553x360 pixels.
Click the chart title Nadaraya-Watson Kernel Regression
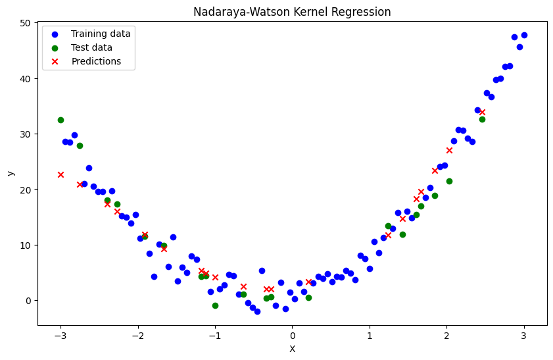click(x=292, y=12)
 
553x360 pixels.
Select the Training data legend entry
click(x=101, y=34)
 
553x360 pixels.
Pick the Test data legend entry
click(x=91, y=47)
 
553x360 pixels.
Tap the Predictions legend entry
click(x=96, y=61)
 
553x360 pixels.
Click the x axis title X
click(x=292, y=349)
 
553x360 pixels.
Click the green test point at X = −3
click(x=60, y=120)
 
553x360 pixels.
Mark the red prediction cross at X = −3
click(x=60, y=174)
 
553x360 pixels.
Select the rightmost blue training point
click(x=524, y=35)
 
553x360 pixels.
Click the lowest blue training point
click(x=257, y=311)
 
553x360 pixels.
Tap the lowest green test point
click(x=215, y=305)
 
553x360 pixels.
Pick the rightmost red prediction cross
click(x=482, y=112)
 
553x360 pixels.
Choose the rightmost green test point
click(x=482, y=119)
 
